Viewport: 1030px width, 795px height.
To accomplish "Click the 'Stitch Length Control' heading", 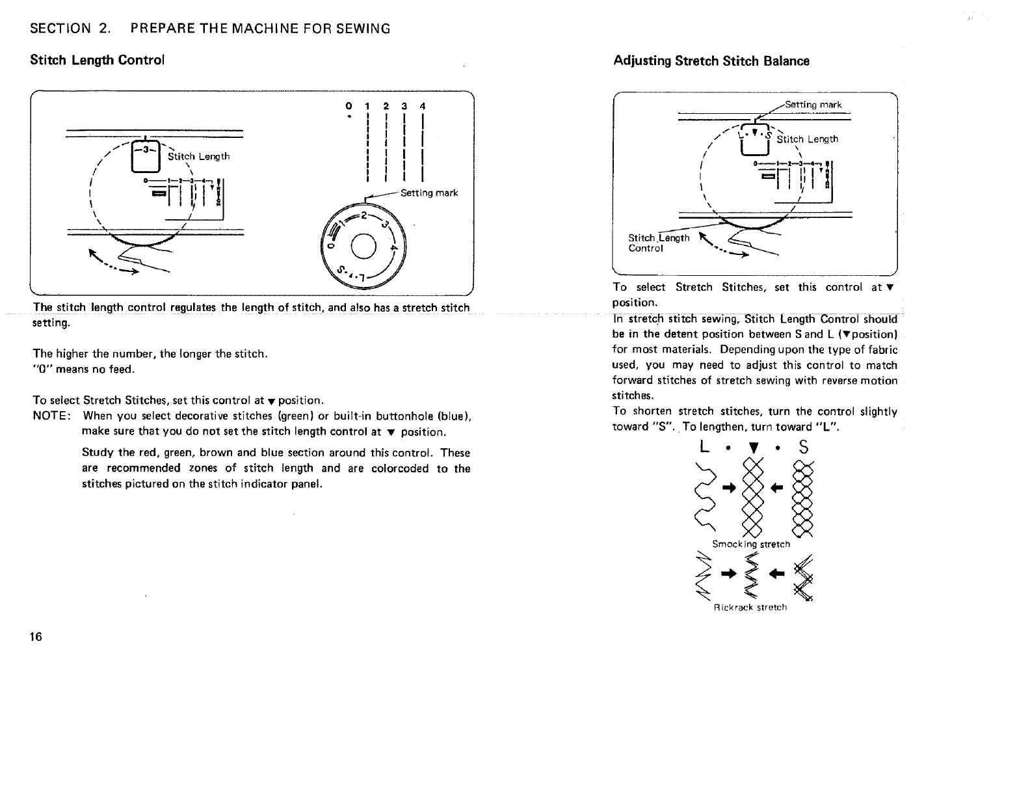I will pyautogui.click(x=98, y=60).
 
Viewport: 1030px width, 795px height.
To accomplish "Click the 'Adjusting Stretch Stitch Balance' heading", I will pyautogui.click(x=711, y=61).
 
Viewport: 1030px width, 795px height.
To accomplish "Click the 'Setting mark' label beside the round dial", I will pyautogui.click(x=429, y=193).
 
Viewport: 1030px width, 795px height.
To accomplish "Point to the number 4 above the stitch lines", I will pyautogui.click(x=423, y=105).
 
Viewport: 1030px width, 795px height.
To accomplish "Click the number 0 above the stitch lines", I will pyautogui.click(x=349, y=105).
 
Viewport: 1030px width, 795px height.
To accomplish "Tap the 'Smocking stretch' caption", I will pyautogui.click(x=751, y=544).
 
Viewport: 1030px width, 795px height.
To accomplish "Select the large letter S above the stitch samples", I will pyautogui.click(x=804, y=448).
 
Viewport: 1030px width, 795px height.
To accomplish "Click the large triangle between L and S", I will pyautogui.click(x=754, y=448).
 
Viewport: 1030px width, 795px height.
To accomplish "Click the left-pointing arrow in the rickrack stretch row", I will pyautogui.click(x=778, y=573).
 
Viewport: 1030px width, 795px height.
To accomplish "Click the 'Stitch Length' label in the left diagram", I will pyautogui.click(x=198, y=156).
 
